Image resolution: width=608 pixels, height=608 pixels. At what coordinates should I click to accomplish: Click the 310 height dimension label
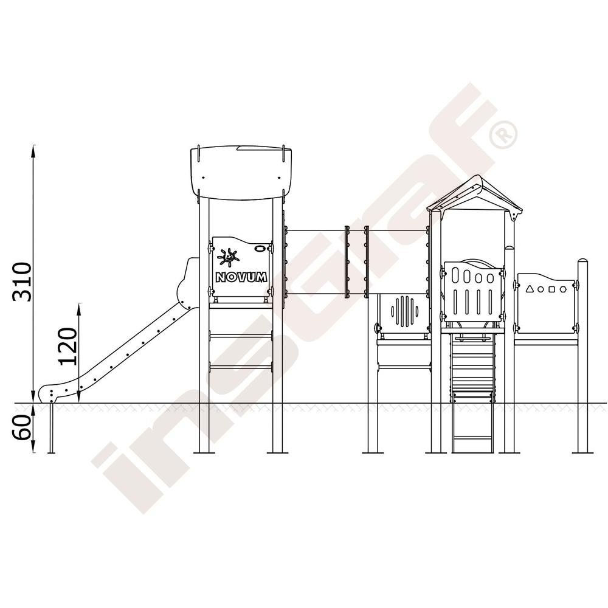(x=21, y=282)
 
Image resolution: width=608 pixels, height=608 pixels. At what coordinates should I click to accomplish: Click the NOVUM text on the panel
(x=241, y=277)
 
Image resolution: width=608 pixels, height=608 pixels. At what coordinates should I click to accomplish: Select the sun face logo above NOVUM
(x=228, y=257)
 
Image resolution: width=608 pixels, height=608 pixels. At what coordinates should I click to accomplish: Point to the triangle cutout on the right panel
(x=530, y=288)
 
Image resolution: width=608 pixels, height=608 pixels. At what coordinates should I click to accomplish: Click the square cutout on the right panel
(x=552, y=289)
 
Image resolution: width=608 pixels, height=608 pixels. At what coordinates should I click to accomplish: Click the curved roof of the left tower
(x=241, y=173)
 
